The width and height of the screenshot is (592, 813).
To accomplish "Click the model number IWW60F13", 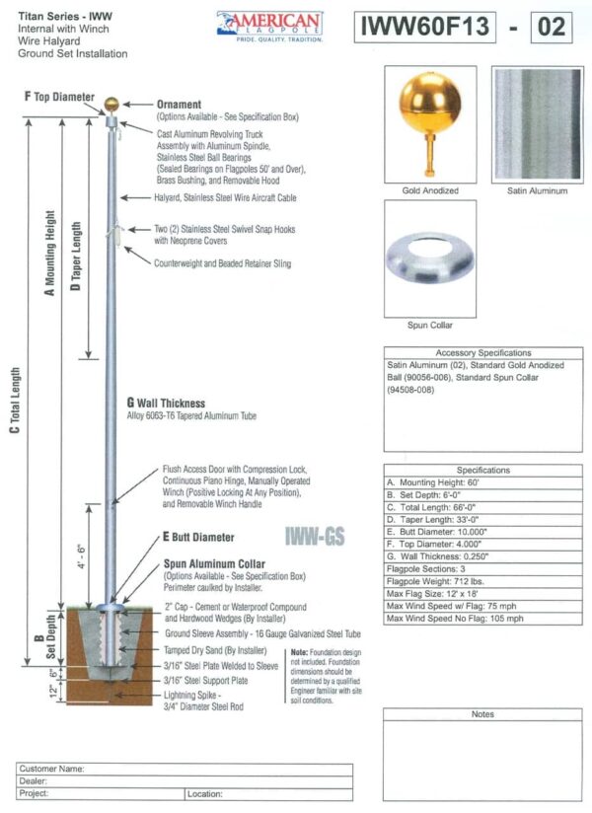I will click(x=424, y=27).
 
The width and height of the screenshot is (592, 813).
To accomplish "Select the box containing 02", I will click(x=551, y=27).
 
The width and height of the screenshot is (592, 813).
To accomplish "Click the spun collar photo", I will click(x=430, y=259).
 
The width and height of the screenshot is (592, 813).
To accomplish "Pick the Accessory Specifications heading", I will click(x=482, y=352).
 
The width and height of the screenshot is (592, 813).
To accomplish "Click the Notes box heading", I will click(x=482, y=713).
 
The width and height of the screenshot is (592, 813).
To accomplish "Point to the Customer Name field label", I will click(x=51, y=768).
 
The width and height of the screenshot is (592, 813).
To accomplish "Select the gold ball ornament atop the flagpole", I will click(x=112, y=102).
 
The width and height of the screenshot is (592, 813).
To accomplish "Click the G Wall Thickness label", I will click(x=166, y=403).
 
